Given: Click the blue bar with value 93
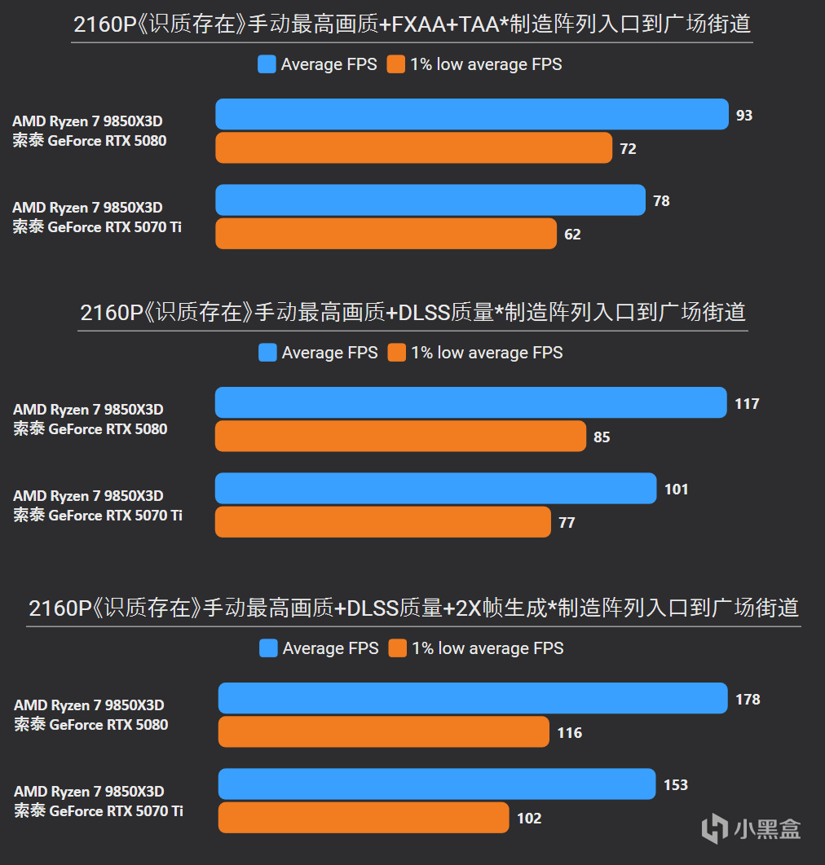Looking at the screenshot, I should click(471, 115).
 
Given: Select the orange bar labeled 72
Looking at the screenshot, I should click(413, 148).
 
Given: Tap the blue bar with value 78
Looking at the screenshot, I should click(430, 200).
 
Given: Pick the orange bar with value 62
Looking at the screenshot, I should click(386, 234).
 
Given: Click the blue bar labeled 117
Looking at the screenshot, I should click(470, 403).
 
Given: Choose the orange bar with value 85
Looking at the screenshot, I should click(400, 437).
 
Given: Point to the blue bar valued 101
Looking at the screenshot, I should click(435, 489).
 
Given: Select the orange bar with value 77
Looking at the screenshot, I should click(382, 522).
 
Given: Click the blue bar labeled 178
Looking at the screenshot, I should click(473, 699).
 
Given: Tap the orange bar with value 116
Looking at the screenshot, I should click(383, 732).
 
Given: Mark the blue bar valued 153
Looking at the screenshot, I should click(437, 784).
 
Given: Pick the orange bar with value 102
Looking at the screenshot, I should click(364, 818).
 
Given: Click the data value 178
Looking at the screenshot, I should click(747, 700).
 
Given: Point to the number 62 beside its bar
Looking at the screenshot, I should click(572, 235).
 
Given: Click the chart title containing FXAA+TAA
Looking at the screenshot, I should click(412, 24).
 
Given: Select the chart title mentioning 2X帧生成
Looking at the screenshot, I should click(413, 608).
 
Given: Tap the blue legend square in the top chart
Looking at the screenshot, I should click(267, 64).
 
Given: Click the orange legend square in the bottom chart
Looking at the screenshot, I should click(398, 648).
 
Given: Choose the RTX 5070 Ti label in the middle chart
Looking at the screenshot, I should click(98, 516).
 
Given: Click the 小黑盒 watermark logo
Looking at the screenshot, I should click(751, 828).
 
